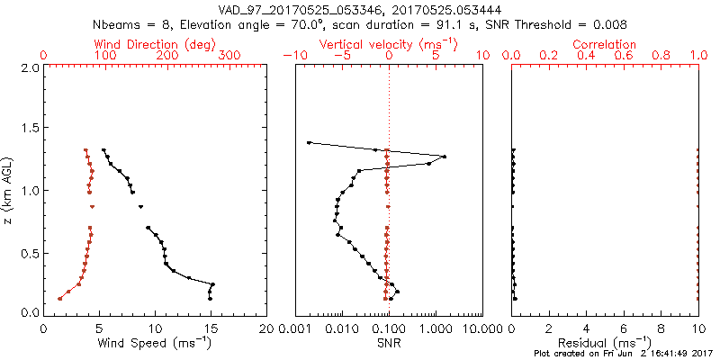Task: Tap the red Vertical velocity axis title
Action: click(x=388, y=44)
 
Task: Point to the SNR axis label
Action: click(x=388, y=343)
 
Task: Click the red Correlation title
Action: click(x=606, y=44)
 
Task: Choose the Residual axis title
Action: click(x=606, y=343)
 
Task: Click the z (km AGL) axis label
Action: click(x=8, y=190)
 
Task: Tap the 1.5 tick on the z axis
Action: click(x=30, y=130)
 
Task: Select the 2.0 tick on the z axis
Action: click(x=30, y=68)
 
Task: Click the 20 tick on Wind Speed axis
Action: click(x=266, y=329)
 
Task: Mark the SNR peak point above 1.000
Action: click(x=445, y=157)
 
